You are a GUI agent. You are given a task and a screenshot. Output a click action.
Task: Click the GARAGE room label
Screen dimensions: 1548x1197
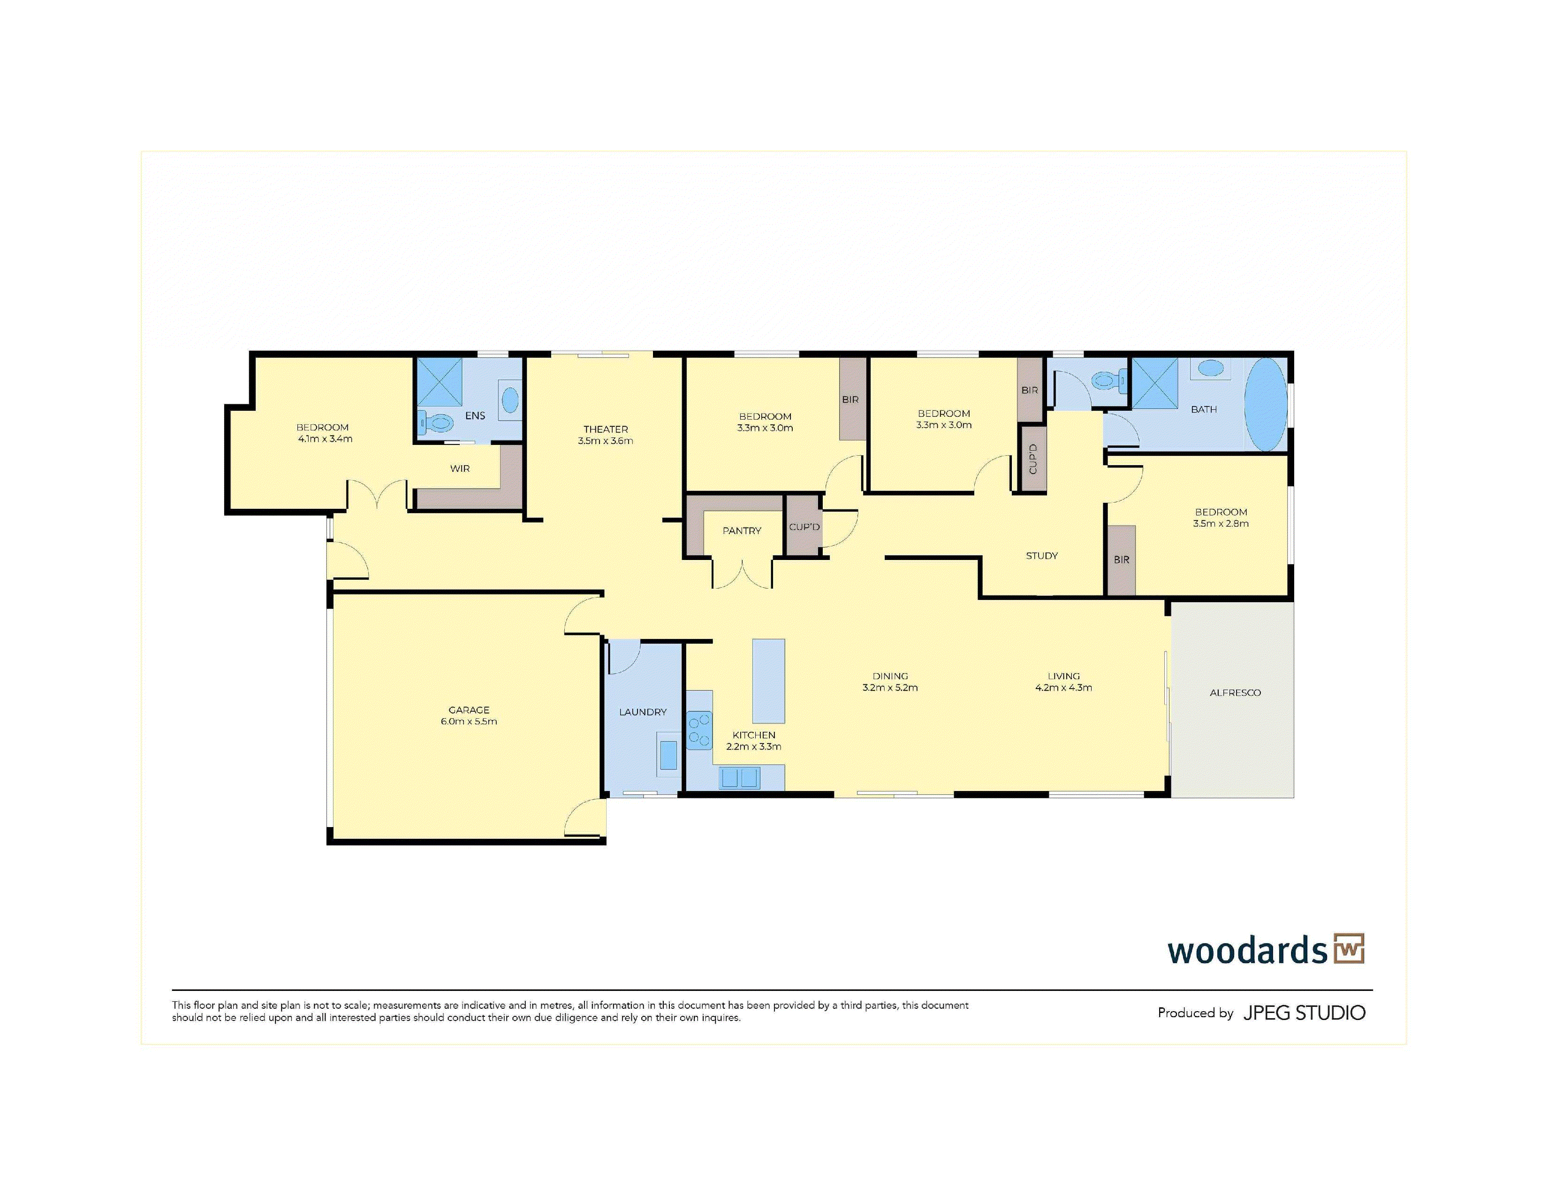coord(469,710)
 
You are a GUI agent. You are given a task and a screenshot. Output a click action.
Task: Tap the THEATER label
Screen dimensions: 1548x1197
coord(605,429)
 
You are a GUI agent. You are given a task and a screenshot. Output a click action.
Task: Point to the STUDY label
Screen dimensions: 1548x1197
coord(1041,556)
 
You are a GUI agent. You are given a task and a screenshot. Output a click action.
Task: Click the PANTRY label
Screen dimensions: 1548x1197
coord(741,530)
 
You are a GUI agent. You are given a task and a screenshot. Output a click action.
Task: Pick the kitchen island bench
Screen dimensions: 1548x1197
coord(768,681)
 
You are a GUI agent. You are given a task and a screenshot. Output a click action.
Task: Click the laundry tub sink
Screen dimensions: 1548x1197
coord(668,755)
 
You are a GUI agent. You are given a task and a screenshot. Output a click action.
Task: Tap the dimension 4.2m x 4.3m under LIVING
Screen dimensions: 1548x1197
coord(1063,688)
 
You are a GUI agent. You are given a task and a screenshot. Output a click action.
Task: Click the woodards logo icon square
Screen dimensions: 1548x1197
coord(1349,949)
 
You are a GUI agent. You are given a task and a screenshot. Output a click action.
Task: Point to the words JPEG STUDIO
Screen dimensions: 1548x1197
coord(1304,1013)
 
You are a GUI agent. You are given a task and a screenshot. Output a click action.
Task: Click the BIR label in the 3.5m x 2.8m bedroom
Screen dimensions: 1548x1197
coord(1121,560)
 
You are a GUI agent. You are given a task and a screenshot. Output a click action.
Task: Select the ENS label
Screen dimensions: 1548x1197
coord(475,415)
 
